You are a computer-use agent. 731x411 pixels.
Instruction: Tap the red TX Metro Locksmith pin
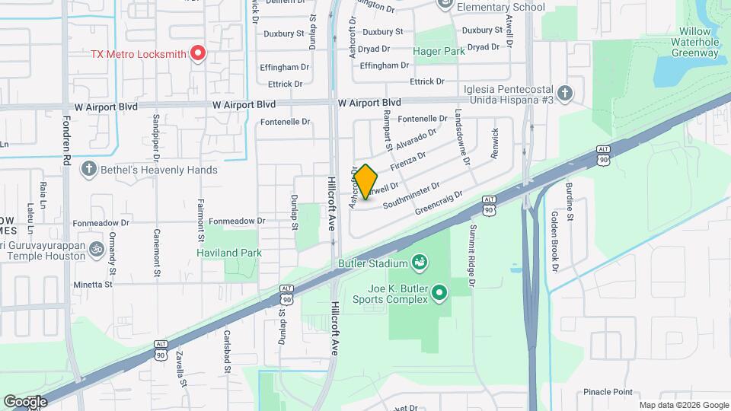(x=198, y=53)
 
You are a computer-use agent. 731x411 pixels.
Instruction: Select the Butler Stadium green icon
(x=418, y=264)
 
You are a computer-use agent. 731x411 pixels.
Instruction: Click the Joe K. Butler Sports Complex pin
(x=439, y=292)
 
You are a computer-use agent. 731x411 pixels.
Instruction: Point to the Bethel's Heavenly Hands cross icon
(x=89, y=169)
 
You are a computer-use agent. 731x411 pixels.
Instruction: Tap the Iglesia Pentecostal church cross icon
(x=564, y=94)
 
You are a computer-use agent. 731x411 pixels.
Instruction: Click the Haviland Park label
(x=229, y=253)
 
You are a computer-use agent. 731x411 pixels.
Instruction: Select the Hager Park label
(x=439, y=52)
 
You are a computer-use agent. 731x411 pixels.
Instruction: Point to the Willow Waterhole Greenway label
(x=694, y=47)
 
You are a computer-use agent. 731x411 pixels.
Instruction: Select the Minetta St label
(x=92, y=284)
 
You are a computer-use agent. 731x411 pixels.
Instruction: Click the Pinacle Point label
(x=608, y=392)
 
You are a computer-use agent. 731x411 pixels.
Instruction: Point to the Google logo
(x=25, y=401)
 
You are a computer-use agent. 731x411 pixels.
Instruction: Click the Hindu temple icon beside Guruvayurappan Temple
(x=97, y=248)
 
